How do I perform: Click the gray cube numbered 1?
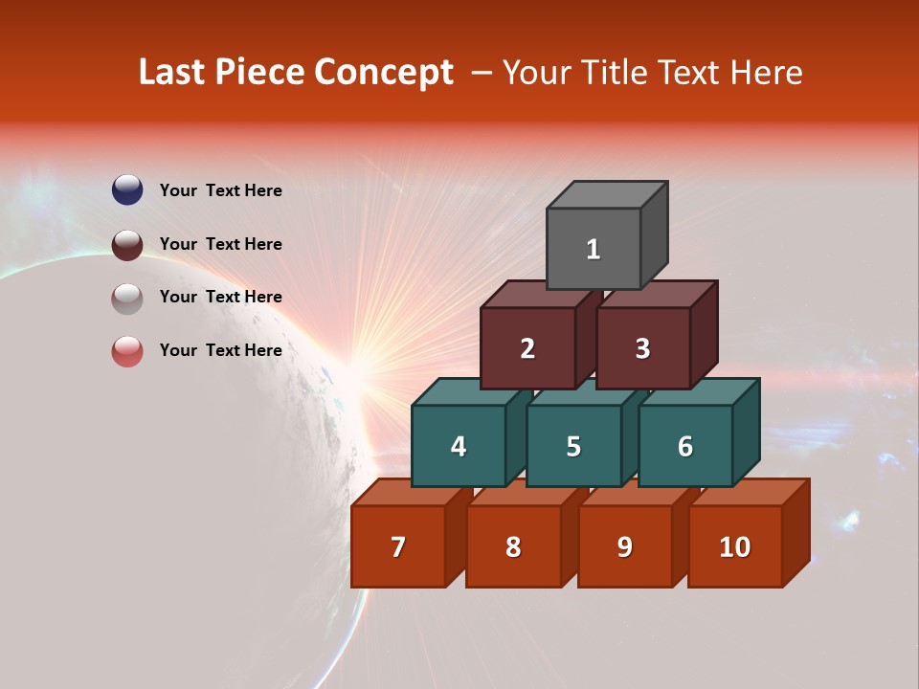click(594, 249)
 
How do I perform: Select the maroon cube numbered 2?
click(527, 348)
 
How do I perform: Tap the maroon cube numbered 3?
click(642, 348)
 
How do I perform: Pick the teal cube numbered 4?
click(459, 446)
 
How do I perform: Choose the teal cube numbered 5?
click(573, 446)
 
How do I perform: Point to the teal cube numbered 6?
click(685, 446)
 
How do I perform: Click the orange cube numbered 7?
click(398, 546)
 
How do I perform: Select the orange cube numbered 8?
click(513, 546)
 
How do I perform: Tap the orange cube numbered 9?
click(625, 546)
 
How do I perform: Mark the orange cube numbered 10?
click(734, 546)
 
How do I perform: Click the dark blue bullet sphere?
click(127, 189)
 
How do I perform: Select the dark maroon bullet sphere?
click(127, 244)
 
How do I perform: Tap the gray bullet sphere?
click(127, 298)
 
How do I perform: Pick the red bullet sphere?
click(127, 351)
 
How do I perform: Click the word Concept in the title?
click(384, 73)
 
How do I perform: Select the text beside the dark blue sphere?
click(221, 190)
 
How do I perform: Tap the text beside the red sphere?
click(221, 350)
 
